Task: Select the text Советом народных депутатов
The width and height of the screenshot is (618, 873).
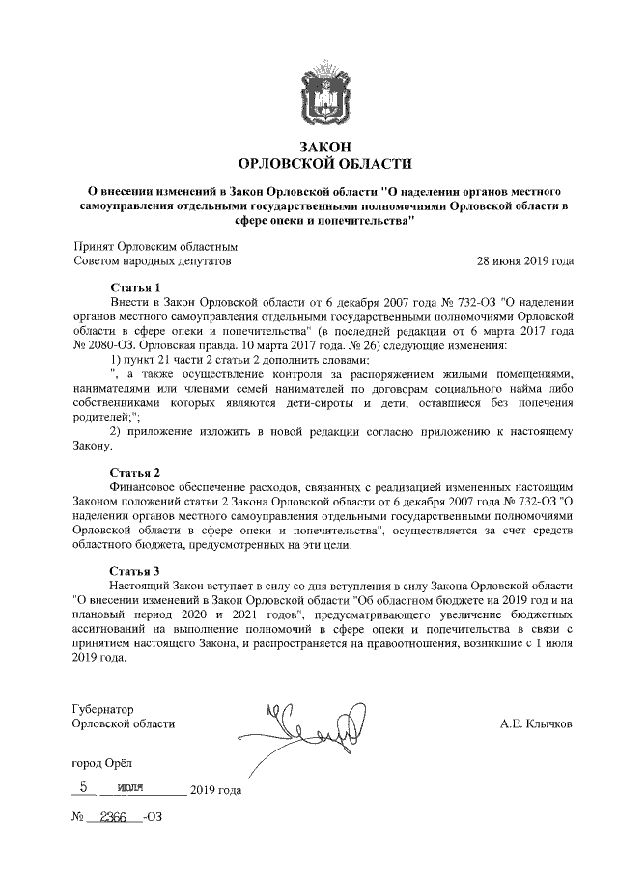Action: point(153,260)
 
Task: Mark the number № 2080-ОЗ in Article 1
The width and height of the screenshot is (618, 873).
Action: point(104,345)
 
